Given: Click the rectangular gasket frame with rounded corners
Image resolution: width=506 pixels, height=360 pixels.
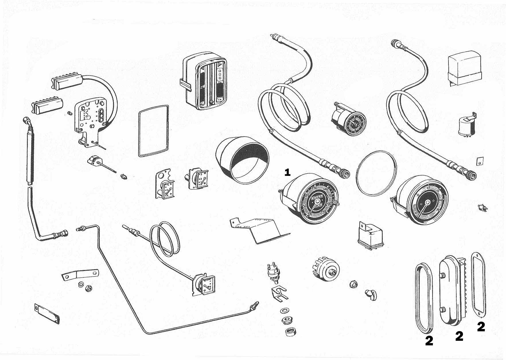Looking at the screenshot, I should click(x=154, y=131).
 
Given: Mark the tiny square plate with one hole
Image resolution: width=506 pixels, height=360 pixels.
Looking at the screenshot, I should click(x=478, y=161).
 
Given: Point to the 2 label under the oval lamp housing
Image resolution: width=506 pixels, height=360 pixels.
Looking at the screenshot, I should click(x=459, y=336).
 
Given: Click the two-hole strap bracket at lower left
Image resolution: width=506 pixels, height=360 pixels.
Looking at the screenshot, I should click(x=80, y=275).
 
